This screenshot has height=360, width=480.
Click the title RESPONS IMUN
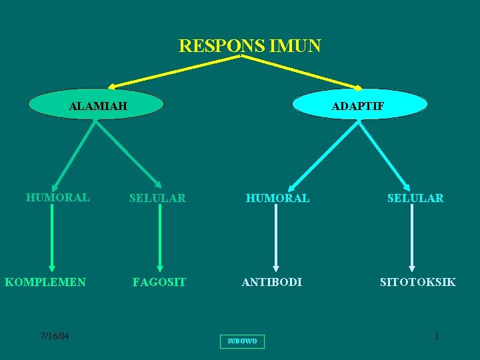[249, 46]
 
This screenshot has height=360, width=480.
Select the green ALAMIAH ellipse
[97, 105]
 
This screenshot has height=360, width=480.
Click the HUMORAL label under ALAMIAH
[57, 197]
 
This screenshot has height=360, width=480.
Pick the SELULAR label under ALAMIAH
[157, 198]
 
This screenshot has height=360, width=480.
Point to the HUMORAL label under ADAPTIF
[277, 198]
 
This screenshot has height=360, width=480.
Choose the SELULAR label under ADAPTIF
[415, 198]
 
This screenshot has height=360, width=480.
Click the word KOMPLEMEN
[45, 282]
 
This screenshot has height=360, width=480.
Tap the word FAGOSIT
[159, 282]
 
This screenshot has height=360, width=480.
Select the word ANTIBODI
[271, 282]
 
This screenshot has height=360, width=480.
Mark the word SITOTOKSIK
[417, 282]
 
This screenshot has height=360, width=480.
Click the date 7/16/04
[54, 336]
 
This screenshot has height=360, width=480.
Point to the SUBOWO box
[241, 341]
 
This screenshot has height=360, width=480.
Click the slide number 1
[437, 337]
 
